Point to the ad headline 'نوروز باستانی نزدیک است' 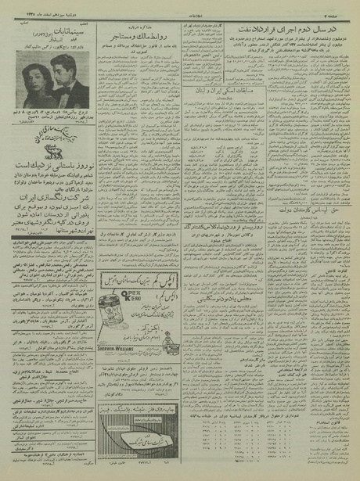(48, 166)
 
